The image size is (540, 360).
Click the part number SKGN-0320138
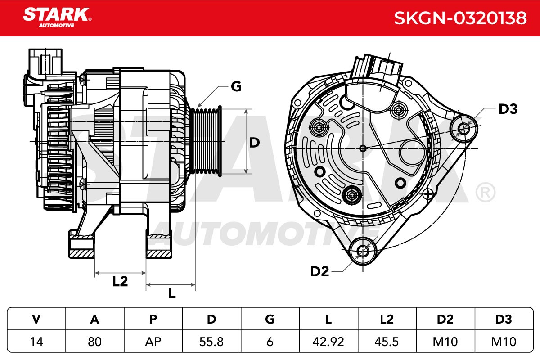[x=460, y=18]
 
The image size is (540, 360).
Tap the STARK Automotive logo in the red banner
[x=58, y=18]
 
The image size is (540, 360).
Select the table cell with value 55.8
[x=211, y=342]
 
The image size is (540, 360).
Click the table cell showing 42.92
[x=328, y=342]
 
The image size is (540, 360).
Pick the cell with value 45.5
[x=387, y=342]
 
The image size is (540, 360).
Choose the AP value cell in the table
[x=153, y=342]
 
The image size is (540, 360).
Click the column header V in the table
[x=36, y=319]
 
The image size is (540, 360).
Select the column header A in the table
[x=95, y=319]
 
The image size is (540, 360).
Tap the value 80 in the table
[x=95, y=342]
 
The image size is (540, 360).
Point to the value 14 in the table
[x=36, y=342]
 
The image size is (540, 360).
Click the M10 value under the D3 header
[x=504, y=342]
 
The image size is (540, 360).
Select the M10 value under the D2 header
[x=445, y=342]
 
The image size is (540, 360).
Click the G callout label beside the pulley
[x=236, y=86]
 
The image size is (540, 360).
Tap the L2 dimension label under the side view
[x=120, y=281]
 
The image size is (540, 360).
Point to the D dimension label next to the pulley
[x=255, y=143]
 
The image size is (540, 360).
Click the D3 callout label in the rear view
[x=508, y=109]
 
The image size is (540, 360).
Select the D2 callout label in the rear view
[x=319, y=271]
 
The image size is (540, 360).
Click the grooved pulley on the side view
[x=206, y=141]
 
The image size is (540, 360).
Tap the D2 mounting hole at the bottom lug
[x=363, y=251]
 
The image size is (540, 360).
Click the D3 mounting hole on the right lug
[x=463, y=129]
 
